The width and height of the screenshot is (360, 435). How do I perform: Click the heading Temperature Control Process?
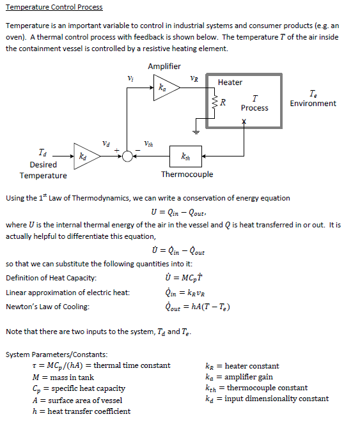pos(54,7)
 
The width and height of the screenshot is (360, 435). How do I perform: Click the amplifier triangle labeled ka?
pos(161,88)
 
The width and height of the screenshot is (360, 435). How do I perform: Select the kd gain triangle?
pos(84,155)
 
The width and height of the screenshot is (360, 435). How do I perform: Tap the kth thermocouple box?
pos(185,156)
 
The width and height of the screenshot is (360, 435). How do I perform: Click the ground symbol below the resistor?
pos(198,131)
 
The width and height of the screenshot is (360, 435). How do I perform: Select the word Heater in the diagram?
pos(230,82)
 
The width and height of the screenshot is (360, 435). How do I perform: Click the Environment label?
pos(313,103)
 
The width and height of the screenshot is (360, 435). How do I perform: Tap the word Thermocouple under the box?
pos(187,174)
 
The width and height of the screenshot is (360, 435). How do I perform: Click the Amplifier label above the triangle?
pos(164,66)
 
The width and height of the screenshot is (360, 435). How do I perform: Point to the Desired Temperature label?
pos(43,170)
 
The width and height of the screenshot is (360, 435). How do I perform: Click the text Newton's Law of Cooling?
pos(47,307)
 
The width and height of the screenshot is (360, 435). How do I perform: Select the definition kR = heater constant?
pos(242,366)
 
